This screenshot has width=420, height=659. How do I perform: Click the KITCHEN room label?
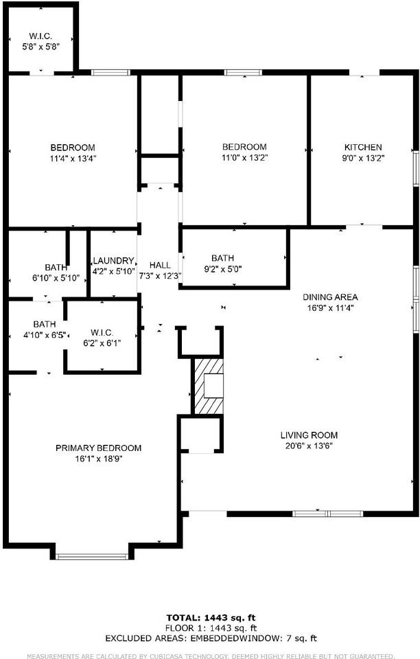coord(363,148)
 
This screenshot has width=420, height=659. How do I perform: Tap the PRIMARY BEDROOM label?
coord(98,448)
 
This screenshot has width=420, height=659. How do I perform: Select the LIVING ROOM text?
coord(309,435)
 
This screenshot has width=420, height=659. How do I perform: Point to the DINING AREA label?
coord(330,297)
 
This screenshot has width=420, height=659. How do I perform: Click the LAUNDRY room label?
coord(113,261)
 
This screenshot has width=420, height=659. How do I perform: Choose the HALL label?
coord(160,265)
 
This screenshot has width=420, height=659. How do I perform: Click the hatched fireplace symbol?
coord(208,386)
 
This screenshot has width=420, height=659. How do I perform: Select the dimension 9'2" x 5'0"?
coord(222,269)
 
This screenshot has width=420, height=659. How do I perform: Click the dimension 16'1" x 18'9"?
coord(98,459)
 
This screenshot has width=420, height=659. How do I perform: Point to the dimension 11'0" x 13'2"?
coord(244,158)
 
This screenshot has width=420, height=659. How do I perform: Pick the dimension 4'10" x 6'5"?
coord(45,336)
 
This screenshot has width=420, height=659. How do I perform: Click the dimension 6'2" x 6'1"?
coord(102,343)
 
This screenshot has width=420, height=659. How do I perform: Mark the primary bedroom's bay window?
coord(92,557)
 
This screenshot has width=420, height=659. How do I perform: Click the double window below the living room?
coord(327,513)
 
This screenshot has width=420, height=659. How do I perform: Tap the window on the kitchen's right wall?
coord(416,168)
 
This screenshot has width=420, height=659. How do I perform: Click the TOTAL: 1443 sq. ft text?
coord(211,618)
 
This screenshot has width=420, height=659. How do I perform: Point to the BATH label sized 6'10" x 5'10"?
coord(56,267)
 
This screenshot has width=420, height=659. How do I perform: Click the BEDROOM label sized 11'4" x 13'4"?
coord(73,148)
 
